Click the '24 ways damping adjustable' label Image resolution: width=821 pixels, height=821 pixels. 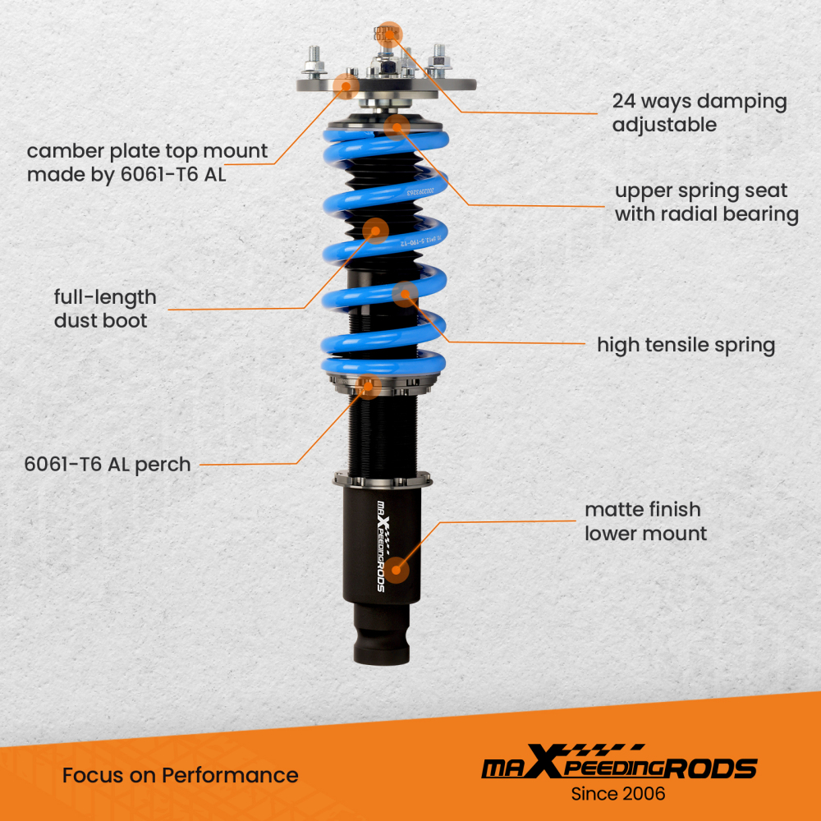click(x=699, y=113)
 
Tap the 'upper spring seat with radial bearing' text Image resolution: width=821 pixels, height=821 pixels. click(x=706, y=203)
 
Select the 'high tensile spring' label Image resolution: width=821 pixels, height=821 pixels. click(x=686, y=345)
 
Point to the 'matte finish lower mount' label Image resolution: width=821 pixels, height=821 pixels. click(x=644, y=521)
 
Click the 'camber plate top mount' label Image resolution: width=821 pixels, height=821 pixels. click(x=147, y=163)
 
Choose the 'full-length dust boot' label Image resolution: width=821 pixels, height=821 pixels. click(x=104, y=309)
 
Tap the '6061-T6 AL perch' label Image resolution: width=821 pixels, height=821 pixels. click(x=108, y=464)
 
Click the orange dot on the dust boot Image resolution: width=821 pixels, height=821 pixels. click(x=375, y=231)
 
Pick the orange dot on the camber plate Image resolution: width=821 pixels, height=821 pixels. click(x=345, y=84)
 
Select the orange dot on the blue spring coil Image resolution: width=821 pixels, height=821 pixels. click(x=405, y=293)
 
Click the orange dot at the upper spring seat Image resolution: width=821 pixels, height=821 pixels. click(x=397, y=126)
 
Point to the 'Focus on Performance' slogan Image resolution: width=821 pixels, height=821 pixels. click(x=180, y=775)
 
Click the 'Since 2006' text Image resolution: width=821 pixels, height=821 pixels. click(x=617, y=794)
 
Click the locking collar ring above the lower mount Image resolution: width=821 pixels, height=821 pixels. click(x=382, y=479)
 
